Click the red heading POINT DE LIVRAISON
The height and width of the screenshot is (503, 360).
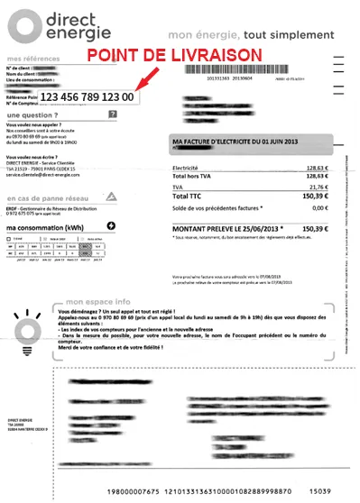pos(174,56)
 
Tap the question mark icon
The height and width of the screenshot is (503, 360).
pos(112,115)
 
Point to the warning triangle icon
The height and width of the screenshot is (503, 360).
pos(112,196)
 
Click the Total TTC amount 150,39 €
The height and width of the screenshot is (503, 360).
pos(315,196)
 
